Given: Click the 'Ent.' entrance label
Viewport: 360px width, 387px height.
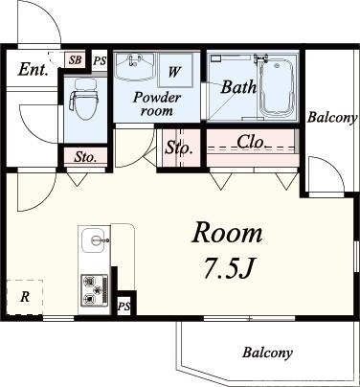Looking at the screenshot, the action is (33, 69).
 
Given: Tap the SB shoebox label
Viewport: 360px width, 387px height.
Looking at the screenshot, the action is (76, 60).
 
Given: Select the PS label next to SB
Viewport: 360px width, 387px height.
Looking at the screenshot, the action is (100, 60).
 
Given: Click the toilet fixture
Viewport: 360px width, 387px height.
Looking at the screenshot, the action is (84, 99).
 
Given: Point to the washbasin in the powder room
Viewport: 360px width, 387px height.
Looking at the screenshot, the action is (135, 67).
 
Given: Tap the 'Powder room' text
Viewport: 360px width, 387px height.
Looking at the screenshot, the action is (157, 103).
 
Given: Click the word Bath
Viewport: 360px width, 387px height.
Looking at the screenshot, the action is (238, 86).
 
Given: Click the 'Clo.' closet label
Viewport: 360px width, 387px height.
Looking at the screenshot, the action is (251, 142).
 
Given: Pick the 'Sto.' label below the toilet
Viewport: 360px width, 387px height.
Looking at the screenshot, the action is (85, 157).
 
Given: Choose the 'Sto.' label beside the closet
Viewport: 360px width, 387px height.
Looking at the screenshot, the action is (179, 148).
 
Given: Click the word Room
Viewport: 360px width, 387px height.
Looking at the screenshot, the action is (227, 233).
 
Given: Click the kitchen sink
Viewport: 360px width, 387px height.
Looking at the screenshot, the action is (95, 240).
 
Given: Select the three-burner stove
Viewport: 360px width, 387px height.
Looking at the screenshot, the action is (95, 290).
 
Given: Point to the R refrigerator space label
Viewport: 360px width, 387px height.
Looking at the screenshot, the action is (25, 297).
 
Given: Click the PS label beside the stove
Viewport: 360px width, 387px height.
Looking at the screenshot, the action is (124, 307).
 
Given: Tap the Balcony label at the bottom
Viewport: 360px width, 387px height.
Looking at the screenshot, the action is (267, 353).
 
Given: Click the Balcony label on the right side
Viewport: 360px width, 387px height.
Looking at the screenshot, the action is (332, 118).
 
